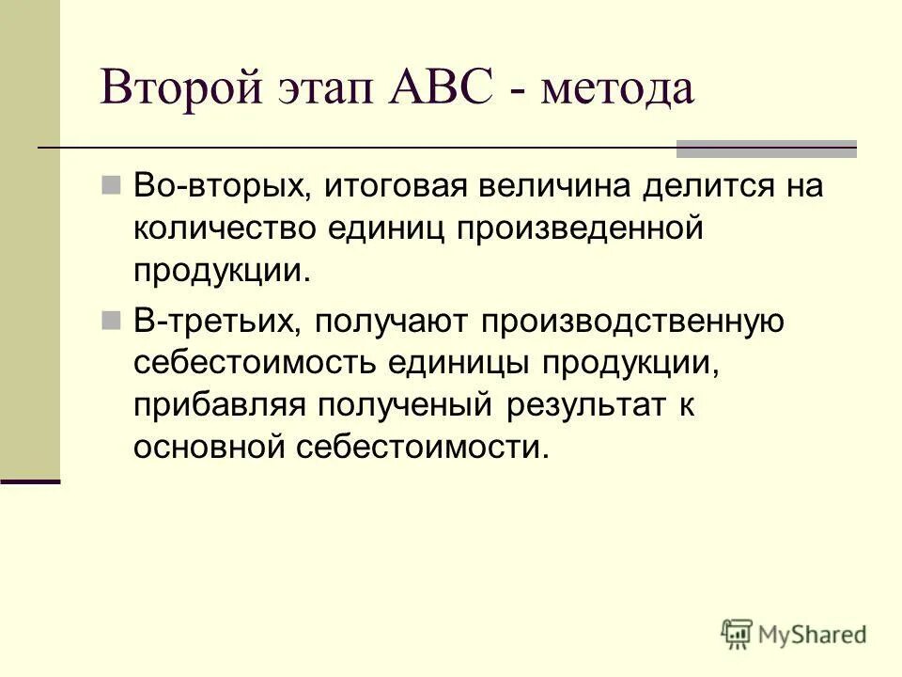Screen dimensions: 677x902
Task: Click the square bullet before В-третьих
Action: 112,321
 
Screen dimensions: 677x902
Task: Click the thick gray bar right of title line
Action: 767,148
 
